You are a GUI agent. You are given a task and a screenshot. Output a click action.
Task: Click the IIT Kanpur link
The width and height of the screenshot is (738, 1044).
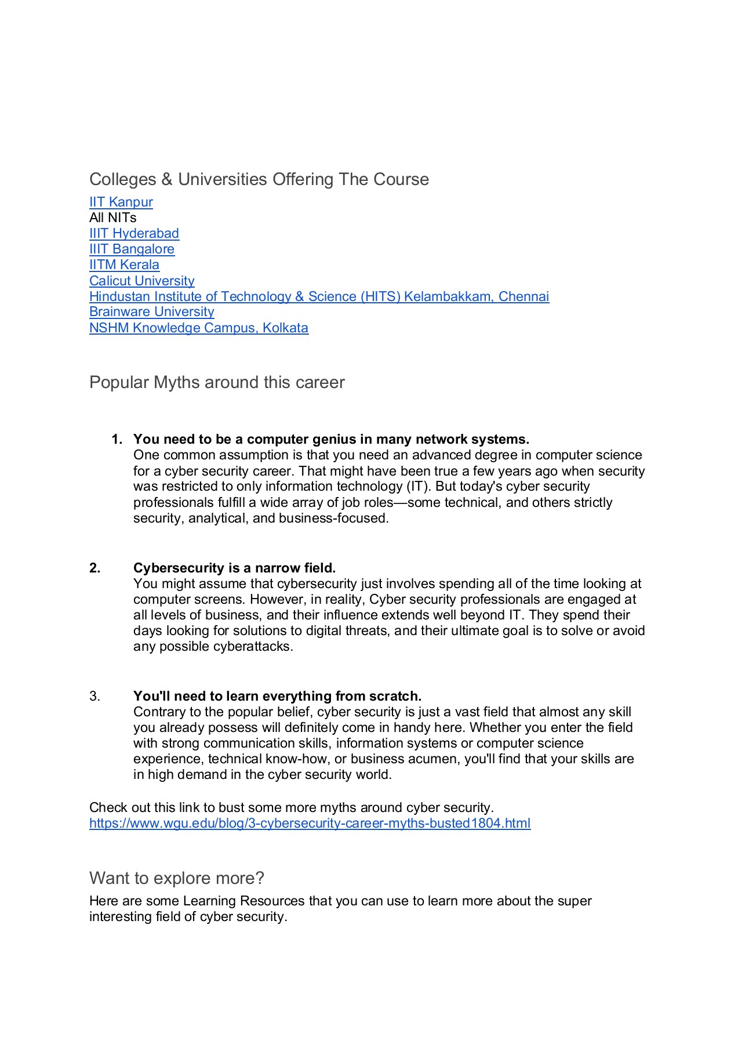[121, 202]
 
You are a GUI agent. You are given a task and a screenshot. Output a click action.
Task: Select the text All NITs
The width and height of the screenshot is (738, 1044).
[112, 217]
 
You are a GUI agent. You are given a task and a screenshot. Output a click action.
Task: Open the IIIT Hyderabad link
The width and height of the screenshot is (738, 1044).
[134, 233]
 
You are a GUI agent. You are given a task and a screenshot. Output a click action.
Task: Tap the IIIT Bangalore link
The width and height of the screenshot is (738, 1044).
[132, 249]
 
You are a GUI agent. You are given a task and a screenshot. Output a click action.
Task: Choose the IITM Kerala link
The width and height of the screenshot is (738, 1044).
[124, 264]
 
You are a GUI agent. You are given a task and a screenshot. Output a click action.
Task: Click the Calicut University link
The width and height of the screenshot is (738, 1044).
[141, 281]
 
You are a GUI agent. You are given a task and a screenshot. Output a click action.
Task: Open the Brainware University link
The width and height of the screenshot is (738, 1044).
[151, 311]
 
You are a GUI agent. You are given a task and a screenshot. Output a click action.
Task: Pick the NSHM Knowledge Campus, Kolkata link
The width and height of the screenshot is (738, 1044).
[198, 328]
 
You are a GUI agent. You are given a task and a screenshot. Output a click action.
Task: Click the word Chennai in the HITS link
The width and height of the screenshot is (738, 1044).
[523, 296]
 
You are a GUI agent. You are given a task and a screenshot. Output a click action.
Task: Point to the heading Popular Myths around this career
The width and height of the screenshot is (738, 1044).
[217, 382]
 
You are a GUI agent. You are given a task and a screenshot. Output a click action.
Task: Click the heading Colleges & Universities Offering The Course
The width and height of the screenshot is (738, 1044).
[259, 179]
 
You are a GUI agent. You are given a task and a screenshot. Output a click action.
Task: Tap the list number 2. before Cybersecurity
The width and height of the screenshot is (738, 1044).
[95, 568]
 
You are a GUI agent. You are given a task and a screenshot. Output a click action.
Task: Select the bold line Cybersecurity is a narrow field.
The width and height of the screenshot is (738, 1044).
[234, 568]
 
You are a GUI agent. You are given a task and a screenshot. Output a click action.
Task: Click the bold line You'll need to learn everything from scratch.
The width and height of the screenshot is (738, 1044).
[277, 696]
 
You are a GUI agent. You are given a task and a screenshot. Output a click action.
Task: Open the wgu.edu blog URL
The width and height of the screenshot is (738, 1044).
[310, 823]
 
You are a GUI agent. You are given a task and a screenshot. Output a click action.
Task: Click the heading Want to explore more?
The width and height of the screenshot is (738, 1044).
[176, 878]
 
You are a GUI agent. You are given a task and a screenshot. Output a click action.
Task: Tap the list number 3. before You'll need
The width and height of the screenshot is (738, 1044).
[95, 696]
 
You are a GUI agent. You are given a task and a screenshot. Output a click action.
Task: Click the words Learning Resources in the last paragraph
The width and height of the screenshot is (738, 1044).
[243, 901]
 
